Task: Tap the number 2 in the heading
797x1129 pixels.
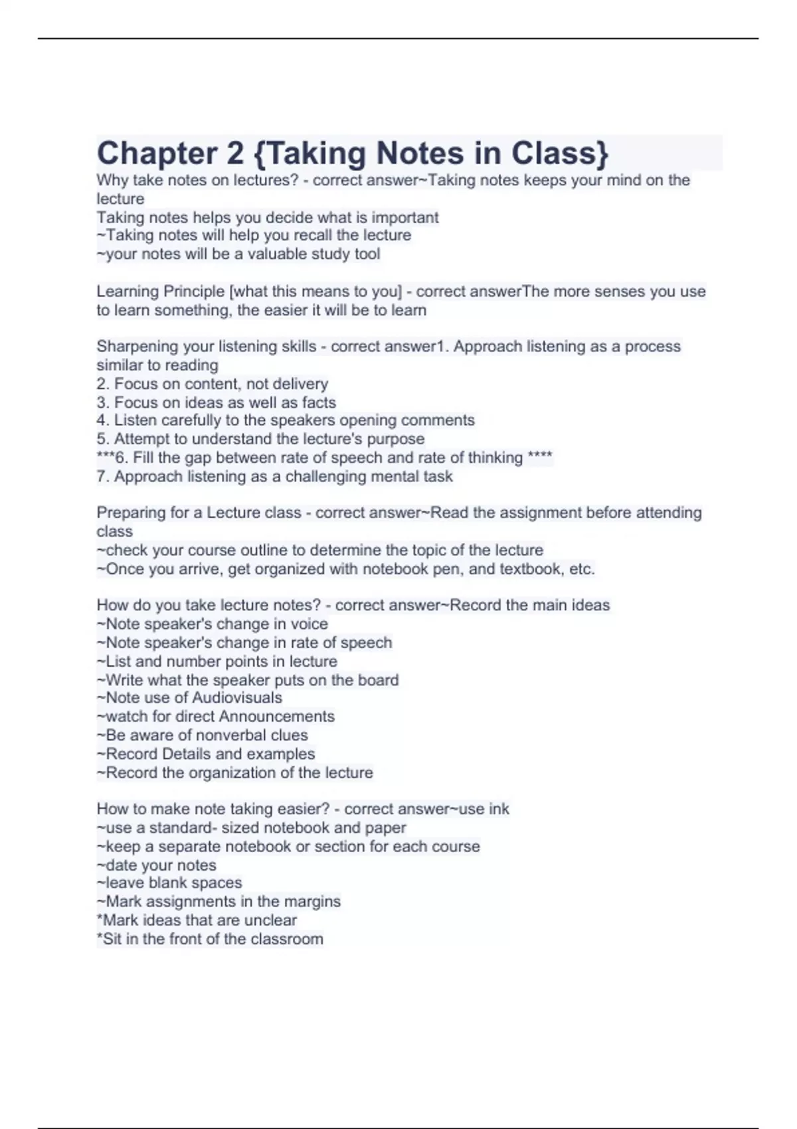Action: click(x=235, y=153)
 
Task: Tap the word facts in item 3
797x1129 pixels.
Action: click(x=319, y=402)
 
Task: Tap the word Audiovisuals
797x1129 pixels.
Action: click(x=237, y=697)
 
